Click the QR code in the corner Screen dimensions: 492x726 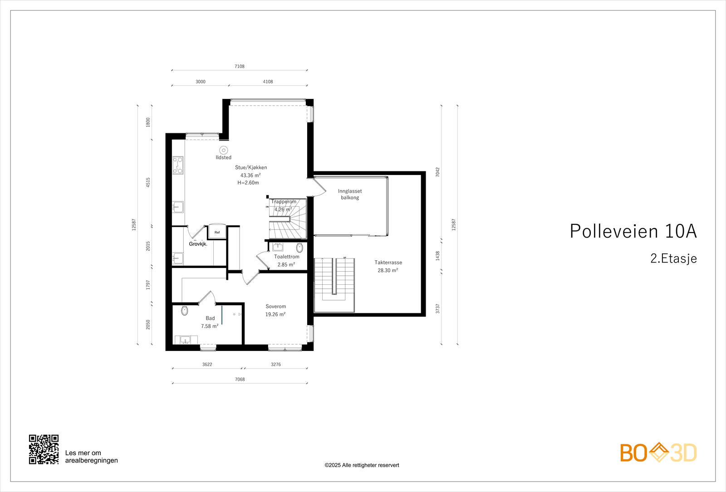[44, 449]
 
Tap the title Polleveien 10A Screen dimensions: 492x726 [633, 231]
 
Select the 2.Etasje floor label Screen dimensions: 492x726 [673, 258]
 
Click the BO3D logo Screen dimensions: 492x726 [658, 453]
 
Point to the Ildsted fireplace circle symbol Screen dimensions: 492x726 [223, 150]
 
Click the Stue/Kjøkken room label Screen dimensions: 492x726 [251, 167]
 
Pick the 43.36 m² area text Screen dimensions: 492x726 [250, 175]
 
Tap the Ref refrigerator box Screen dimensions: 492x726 [217, 232]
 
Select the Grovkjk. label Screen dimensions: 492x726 [198, 244]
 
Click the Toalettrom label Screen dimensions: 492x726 [286, 257]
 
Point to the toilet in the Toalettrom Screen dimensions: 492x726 [299, 248]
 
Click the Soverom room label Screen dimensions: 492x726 [275, 307]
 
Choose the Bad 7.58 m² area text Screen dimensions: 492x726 [210, 326]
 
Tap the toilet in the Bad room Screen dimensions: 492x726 [184, 311]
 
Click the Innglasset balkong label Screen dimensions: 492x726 [350, 194]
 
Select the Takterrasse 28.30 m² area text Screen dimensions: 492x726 [388, 270]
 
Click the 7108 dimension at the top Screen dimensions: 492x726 [240, 66]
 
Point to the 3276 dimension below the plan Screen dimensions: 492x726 [276, 365]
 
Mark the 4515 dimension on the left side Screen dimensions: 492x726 [148, 182]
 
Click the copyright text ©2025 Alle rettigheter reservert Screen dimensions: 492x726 [362, 465]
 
